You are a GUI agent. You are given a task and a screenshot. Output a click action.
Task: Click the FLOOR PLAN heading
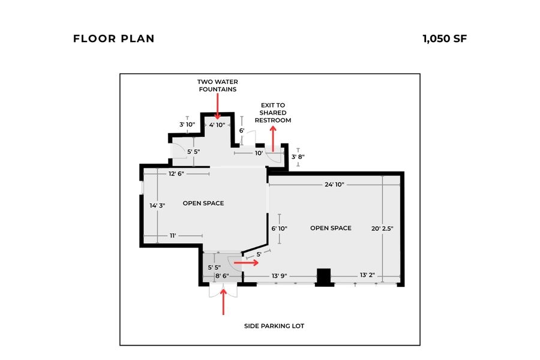pyautogui.click(x=113, y=39)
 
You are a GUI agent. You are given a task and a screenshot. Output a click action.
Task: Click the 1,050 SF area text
pyautogui.click(x=444, y=39)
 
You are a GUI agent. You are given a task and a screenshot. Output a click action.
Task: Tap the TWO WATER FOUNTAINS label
pyautogui.click(x=217, y=85)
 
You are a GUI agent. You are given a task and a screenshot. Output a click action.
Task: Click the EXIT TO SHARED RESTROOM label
pyautogui.click(x=272, y=113)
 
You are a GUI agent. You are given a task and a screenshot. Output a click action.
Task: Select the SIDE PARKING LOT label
pyautogui.click(x=274, y=326)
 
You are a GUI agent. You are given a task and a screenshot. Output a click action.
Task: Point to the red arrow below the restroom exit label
pyautogui.click(x=273, y=140)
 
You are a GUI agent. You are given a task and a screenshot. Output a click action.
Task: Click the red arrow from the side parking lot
pyautogui.click(x=224, y=302)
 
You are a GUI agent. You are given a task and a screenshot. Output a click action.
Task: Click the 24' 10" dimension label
pyautogui.click(x=334, y=185)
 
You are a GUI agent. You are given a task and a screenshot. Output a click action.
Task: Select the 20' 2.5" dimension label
pyautogui.click(x=382, y=228)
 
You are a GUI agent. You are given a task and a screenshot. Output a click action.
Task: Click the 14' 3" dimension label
pyautogui.click(x=157, y=205)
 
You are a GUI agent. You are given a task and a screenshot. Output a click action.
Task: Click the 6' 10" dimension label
pyautogui.click(x=279, y=228)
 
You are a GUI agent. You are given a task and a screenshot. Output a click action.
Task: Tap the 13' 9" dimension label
pyautogui.click(x=279, y=276)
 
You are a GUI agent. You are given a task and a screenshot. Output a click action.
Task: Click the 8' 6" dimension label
pyautogui.click(x=223, y=276)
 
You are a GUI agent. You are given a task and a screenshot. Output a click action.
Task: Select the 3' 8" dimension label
pyautogui.click(x=298, y=157)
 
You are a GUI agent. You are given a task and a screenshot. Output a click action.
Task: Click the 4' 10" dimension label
pyautogui.click(x=217, y=125)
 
